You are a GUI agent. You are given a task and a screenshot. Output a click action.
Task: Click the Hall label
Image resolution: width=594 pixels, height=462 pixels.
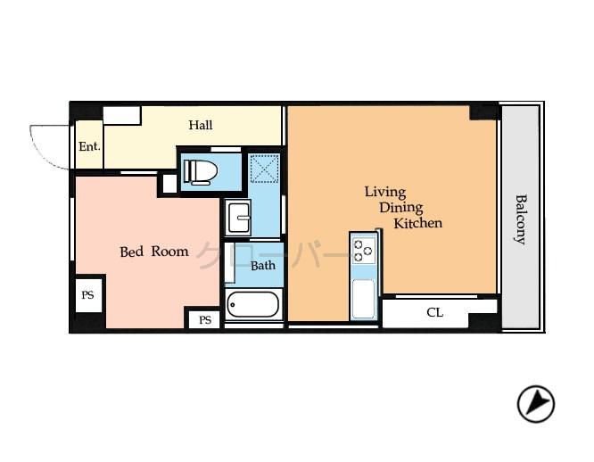click(x=200, y=126)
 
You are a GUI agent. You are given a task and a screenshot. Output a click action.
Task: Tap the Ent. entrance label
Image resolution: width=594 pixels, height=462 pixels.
click(x=89, y=147)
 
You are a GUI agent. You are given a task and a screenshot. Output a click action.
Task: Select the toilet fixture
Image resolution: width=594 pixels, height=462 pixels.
click(x=201, y=171)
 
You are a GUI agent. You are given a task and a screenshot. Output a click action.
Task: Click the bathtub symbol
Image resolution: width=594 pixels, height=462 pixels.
click(x=253, y=305)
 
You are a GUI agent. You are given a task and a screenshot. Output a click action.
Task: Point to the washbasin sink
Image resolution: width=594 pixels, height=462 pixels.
click(x=238, y=216)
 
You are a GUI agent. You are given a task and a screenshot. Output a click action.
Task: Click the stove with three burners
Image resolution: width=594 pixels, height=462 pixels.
click(x=363, y=249)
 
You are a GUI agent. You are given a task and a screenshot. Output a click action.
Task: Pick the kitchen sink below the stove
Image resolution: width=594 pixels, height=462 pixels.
click(x=363, y=298)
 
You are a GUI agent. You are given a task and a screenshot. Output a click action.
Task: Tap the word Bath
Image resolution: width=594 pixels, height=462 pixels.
click(x=262, y=265)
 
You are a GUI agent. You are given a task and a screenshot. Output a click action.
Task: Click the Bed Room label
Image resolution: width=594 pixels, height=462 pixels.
click(x=154, y=252)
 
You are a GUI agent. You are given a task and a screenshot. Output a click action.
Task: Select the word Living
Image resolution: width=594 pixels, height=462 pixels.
click(x=384, y=192)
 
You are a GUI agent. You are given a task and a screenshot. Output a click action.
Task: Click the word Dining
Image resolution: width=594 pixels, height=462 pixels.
click(x=400, y=207)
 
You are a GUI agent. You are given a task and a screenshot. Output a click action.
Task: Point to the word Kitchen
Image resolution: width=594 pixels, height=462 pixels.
click(x=417, y=223)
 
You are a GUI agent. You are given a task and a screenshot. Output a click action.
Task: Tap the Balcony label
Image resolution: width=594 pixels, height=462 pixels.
click(x=521, y=219)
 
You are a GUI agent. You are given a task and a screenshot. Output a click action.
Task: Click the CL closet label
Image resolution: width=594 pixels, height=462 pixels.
click(x=434, y=313)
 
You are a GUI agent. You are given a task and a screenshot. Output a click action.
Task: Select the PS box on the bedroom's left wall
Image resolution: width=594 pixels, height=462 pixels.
click(x=88, y=294)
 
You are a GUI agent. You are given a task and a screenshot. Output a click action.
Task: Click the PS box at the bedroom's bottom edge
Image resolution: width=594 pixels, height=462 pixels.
click(x=204, y=319)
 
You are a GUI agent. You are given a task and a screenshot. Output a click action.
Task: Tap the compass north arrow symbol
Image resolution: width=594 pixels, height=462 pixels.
click(x=535, y=404)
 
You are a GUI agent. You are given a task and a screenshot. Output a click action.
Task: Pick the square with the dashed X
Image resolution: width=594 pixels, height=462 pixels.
click(x=264, y=169)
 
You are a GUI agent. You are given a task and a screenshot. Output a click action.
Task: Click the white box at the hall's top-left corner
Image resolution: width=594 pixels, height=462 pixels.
click(x=121, y=115)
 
